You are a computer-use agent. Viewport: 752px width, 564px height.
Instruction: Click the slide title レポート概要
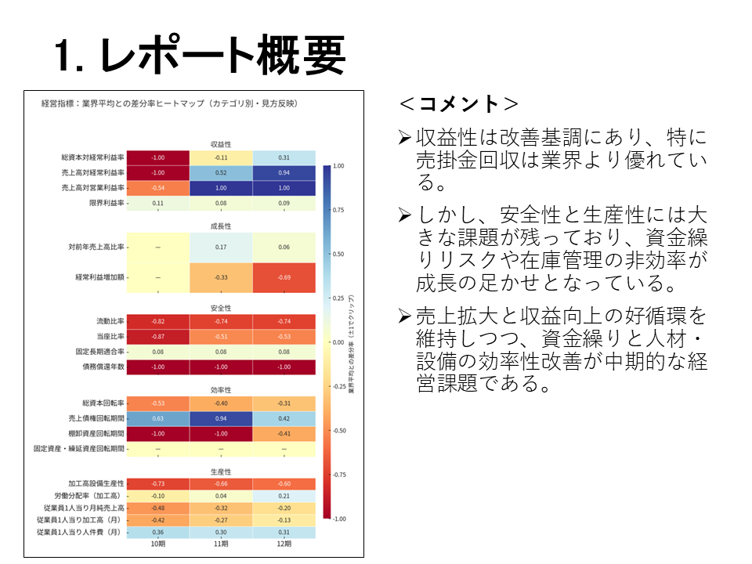tap(200, 56)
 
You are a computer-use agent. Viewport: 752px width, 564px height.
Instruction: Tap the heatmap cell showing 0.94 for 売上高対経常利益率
tap(284, 172)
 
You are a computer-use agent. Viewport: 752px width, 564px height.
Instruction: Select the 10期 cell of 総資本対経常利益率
tap(157, 157)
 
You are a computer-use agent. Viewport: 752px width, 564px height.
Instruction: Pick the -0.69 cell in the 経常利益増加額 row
tap(284, 277)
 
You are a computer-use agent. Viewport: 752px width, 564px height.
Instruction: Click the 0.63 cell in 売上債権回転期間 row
tap(157, 419)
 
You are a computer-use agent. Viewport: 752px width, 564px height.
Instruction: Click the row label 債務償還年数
tap(100, 367)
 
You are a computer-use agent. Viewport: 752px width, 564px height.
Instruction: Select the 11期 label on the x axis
tap(221, 544)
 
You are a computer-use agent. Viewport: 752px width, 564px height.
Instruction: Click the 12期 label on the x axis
tap(284, 544)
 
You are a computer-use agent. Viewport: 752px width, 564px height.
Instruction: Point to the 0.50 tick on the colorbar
tap(338, 255)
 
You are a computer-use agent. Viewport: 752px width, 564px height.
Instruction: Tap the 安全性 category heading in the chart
tap(221, 307)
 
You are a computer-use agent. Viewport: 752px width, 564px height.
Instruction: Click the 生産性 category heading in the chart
tap(221, 472)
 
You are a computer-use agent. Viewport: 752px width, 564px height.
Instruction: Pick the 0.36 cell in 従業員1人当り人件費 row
tap(157, 532)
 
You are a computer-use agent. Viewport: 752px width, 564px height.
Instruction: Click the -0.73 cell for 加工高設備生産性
tap(157, 483)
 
